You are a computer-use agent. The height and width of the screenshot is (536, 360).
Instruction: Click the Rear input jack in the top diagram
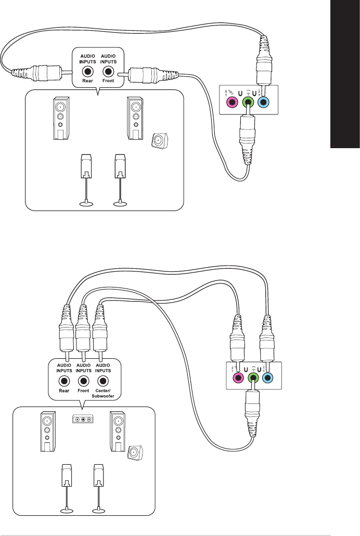point(88,72)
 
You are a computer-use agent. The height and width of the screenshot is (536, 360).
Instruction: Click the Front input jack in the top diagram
point(108,72)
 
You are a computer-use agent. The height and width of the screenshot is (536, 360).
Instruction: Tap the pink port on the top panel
point(230,102)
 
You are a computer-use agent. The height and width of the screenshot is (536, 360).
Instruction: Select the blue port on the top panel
point(264,102)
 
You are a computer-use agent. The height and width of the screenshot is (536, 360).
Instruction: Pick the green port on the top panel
point(248,102)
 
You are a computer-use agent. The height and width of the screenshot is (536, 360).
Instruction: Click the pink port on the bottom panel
point(238,377)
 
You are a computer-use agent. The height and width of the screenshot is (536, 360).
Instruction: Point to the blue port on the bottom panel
point(267,377)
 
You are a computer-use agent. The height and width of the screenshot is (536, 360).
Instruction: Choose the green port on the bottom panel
point(253,378)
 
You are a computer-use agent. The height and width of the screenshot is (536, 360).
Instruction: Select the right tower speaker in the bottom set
point(118,431)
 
